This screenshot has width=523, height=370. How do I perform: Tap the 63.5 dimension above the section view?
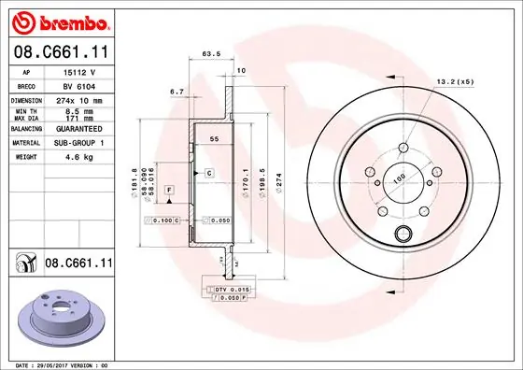point(210,55)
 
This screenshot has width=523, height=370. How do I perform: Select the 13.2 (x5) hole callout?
point(455,82)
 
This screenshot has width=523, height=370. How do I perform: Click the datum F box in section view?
point(170,190)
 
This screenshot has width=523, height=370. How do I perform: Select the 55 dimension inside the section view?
point(214,138)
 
